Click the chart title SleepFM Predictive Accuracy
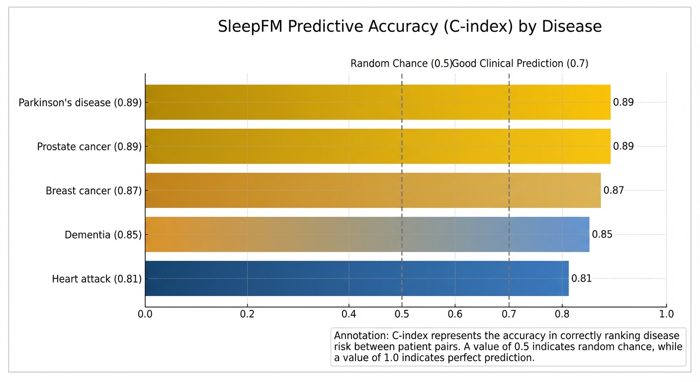[x=410, y=26]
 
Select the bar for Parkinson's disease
[x=378, y=102]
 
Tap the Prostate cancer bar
[x=378, y=146]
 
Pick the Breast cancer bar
[x=373, y=191]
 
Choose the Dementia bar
[x=367, y=234]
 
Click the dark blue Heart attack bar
[x=356, y=279]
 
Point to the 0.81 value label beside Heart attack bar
[x=581, y=279]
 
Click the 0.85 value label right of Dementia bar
[x=602, y=234]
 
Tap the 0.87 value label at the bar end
[x=613, y=191]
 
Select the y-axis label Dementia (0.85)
[x=103, y=235]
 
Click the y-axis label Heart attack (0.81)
[x=96, y=279]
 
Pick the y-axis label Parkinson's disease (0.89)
[x=80, y=103]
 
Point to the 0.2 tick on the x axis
[x=247, y=314]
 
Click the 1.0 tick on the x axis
[x=666, y=314]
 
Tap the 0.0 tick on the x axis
[x=145, y=314]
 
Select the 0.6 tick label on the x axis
[x=455, y=314]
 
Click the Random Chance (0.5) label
[x=401, y=64]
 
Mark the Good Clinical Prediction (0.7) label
[x=521, y=64]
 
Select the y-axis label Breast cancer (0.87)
[x=93, y=191]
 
